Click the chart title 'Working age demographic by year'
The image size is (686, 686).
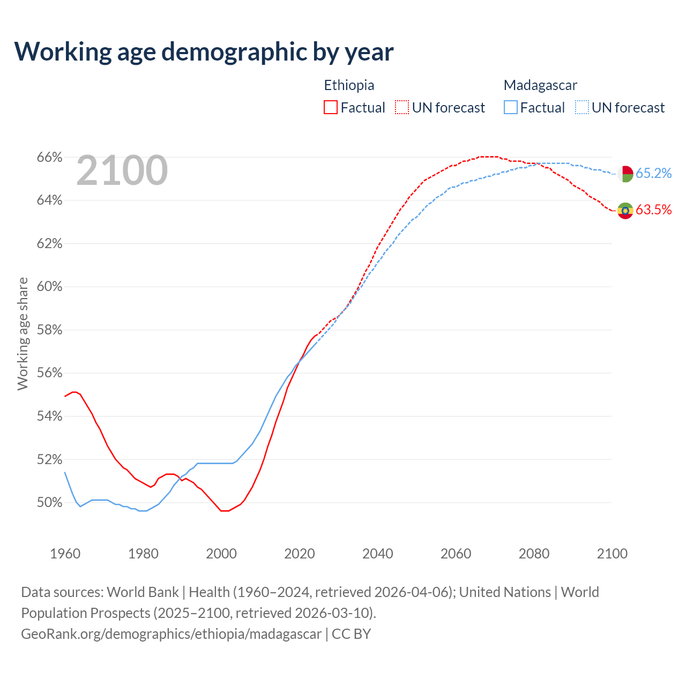point(204,51)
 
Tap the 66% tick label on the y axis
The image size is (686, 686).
point(49,158)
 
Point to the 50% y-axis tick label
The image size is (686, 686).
point(49,503)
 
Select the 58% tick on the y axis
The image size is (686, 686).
point(49,330)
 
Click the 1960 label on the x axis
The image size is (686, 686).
point(65,554)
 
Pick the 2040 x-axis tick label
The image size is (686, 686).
point(377,554)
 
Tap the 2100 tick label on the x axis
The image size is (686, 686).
point(612,554)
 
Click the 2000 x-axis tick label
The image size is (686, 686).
point(221,554)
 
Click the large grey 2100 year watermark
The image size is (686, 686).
point(122,170)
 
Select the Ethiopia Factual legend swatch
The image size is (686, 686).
point(331,108)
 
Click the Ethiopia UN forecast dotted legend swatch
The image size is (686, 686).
point(402,108)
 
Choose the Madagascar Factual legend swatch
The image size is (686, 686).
point(511,108)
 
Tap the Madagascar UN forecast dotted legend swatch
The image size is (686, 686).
point(582,108)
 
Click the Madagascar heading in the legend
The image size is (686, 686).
point(540,85)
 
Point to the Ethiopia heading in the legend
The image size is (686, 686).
point(349,85)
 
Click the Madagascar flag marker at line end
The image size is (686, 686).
point(625,174)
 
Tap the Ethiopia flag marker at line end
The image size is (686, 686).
point(625,211)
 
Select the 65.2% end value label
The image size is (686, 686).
point(653,174)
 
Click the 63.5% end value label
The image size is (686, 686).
point(653,210)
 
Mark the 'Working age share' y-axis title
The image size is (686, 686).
point(23,333)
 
